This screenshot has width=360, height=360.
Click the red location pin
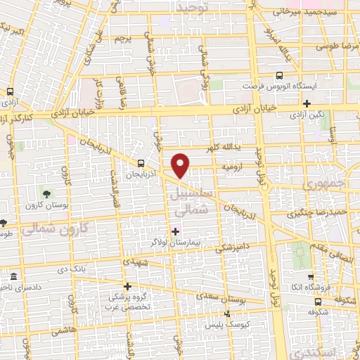tap(181, 165)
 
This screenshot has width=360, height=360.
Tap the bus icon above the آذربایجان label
tap(142, 160)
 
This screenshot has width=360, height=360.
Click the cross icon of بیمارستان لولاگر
tap(176, 231)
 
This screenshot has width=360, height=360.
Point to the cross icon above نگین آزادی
tap(307, 104)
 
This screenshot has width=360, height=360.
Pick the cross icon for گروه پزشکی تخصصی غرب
tap(127, 286)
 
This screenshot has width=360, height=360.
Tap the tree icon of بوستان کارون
tap(47, 193)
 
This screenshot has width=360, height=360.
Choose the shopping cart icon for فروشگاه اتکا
tap(309, 276)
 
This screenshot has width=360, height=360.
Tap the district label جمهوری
tap(320, 184)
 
